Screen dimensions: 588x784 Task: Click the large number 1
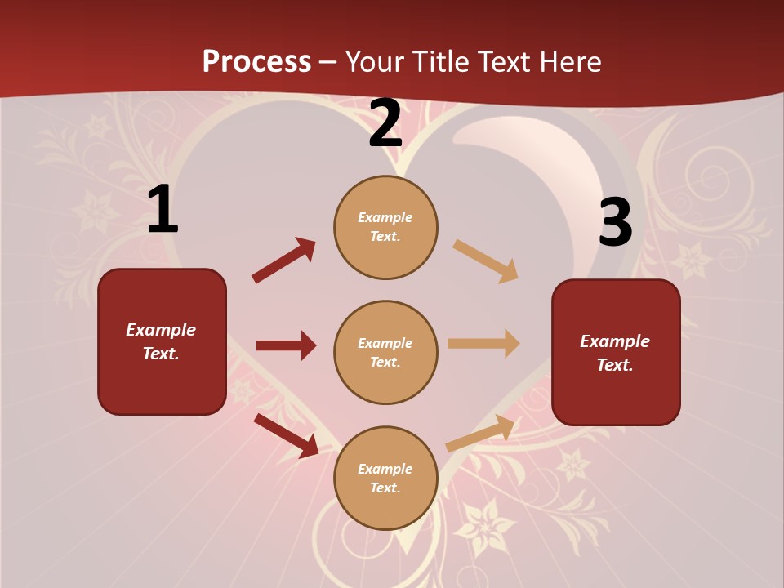click(x=163, y=210)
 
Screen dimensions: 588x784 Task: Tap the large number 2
click(x=385, y=123)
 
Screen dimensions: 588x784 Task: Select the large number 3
click(x=615, y=222)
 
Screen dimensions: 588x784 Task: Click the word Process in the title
click(x=256, y=61)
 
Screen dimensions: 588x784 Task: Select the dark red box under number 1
click(x=162, y=341)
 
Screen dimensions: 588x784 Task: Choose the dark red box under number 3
click(x=616, y=352)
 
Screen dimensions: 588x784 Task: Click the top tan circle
click(x=385, y=227)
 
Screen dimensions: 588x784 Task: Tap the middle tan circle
click(x=385, y=352)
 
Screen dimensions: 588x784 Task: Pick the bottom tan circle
click(x=385, y=478)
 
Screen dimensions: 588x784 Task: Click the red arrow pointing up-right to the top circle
click(x=283, y=261)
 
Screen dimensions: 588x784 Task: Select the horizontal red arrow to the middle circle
click(x=286, y=345)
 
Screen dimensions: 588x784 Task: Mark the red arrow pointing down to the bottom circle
click(x=287, y=435)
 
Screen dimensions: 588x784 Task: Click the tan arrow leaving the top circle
click(x=486, y=261)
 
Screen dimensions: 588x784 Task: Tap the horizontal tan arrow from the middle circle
click(x=483, y=343)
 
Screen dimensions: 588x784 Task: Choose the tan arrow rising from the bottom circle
click(x=481, y=433)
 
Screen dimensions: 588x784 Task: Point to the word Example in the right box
click(x=615, y=341)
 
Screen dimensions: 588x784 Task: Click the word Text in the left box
click(x=161, y=354)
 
